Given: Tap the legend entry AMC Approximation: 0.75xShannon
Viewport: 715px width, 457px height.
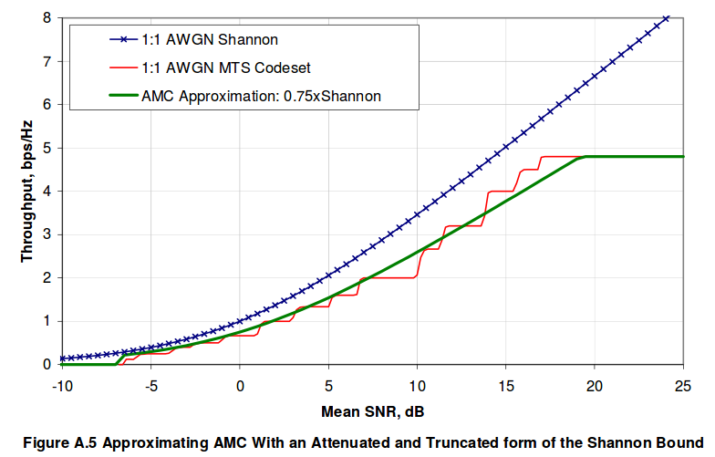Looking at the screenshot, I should click(261, 95).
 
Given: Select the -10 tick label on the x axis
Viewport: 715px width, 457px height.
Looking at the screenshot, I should click(62, 385).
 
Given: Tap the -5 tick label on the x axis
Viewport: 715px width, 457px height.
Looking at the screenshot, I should click(150, 385).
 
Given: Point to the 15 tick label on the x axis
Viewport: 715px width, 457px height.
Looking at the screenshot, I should click(505, 385).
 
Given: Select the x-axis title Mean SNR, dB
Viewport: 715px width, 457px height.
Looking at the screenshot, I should click(372, 410).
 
